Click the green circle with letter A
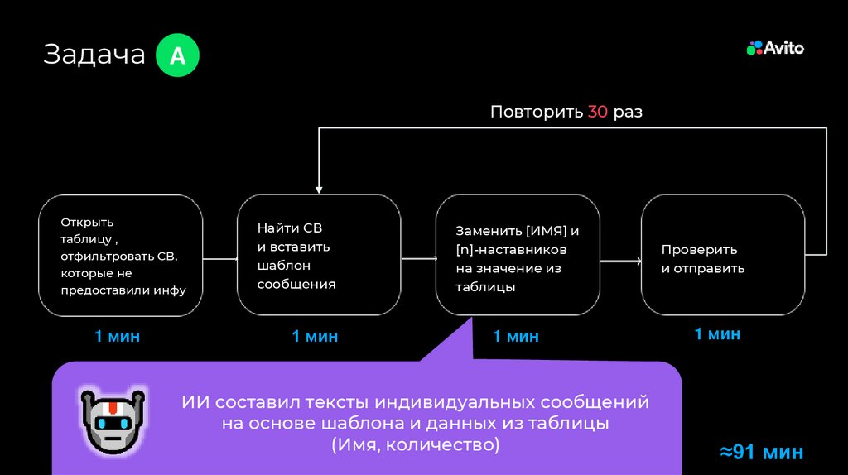[x=177, y=55]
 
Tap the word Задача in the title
[x=94, y=55]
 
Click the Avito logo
[x=776, y=48]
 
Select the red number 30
[x=598, y=112]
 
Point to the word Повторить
[x=536, y=112]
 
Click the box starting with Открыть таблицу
[x=121, y=255]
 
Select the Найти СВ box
[x=319, y=255]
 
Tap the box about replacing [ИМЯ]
[x=518, y=255]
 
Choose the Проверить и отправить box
[x=723, y=255]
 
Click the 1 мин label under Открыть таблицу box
[x=117, y=336]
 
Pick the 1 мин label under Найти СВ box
[x=315, y=336]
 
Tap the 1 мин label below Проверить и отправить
[x=717, y=333]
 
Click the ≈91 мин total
[x=760, y=452]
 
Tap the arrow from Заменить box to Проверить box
[x=620, y=261]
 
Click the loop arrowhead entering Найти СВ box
[x=319, y=190]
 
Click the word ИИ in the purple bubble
[x=194, y=403]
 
